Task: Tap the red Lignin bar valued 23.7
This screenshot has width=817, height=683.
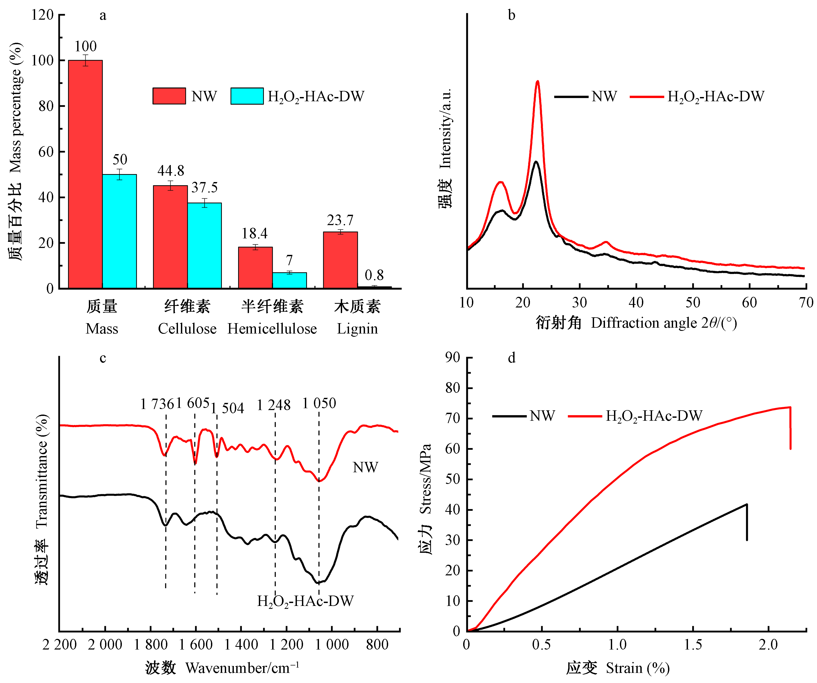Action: pos(341,260)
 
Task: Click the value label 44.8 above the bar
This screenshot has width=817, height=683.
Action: pos(171,171)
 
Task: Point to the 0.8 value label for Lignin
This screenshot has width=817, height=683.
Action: pos(374,275)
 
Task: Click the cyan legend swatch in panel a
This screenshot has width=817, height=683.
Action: pos(247,96)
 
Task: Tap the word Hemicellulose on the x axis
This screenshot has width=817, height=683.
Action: pos(272,329)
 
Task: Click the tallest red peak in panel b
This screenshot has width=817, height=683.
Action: pos(538,82)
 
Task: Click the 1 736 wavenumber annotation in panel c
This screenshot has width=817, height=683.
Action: pos(156,404)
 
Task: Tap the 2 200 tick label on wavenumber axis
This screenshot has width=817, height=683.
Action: pos(60,644)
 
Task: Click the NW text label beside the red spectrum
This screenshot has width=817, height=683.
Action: pos(365,467)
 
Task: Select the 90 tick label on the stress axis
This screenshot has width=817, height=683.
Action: pos(453,358)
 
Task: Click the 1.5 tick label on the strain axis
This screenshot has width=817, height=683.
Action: pos(693,644)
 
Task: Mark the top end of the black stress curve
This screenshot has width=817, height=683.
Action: pos(747,505)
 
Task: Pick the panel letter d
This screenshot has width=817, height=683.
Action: pos(512,358)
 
